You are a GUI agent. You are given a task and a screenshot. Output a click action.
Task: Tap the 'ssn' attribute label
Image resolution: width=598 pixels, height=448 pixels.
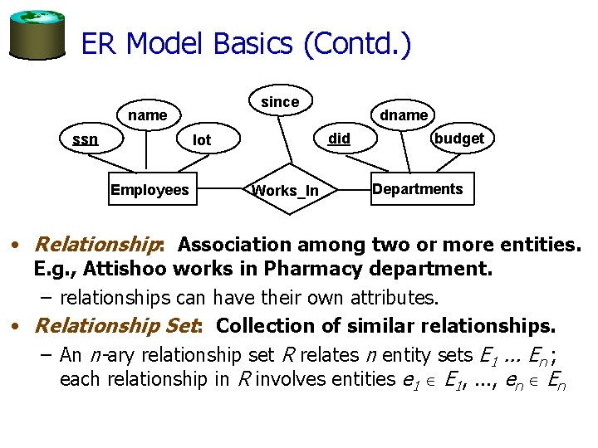(x=85, y=139)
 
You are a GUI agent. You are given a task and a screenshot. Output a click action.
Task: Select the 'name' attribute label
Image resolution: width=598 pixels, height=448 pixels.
(x=148, y=115)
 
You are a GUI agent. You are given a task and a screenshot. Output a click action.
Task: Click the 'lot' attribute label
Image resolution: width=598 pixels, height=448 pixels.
(x=202, y=140)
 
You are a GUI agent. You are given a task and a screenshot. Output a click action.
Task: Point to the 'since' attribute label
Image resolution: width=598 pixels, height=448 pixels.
(x=280, y=102)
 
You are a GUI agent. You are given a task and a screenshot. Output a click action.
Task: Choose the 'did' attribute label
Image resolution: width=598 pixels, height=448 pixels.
(x=339, y=139)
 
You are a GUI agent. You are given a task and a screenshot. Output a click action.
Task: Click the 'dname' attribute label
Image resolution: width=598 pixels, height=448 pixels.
(x=404, y=115)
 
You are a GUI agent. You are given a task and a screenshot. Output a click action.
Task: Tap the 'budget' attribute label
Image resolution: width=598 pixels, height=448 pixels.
(x=458, y=139)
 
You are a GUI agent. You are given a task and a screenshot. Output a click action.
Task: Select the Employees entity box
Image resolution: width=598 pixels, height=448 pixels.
(x=149, y=190)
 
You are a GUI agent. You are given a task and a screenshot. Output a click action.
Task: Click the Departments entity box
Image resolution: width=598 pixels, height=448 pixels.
(x=418, y=189)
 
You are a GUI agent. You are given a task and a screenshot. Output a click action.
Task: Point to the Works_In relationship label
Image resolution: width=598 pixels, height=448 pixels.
(x=285, y=191)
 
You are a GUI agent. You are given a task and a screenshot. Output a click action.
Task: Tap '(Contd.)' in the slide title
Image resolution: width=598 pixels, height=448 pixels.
(x=357, y=43)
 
